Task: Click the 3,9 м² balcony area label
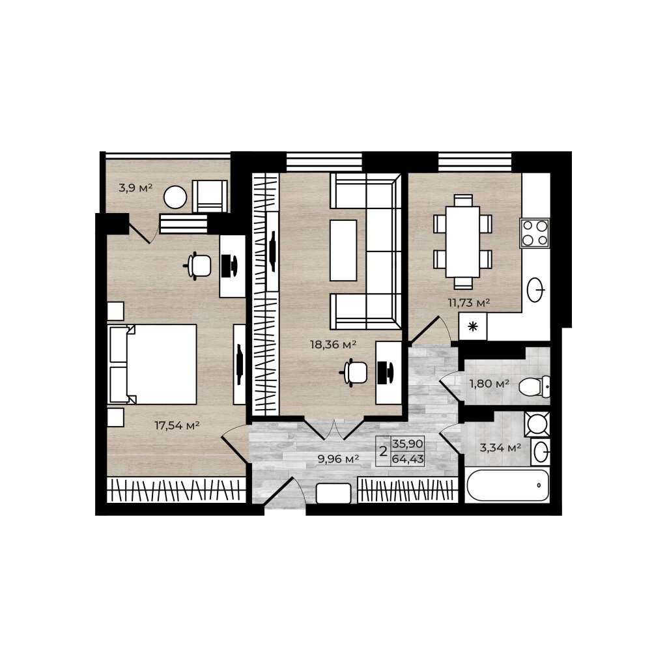pyautogui.click(x=135, y=188)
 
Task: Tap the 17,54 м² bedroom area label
pyautogui.click(x=177, y=425)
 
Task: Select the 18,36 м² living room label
pyautogui.click(x=333, y=344)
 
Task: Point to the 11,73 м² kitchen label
pyautogui.click(x=469, y=303)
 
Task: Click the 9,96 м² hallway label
pyautogui.click(x=339, y=459)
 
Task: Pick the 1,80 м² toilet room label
pyautogui.click(x=489, y=384)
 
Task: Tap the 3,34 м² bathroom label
pyautogui.click(x=500, y=447)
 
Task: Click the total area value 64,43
pyautogui.click(x=408, y=459)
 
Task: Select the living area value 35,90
pyautogui.click(x=408, y=444)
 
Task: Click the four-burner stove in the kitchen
pyautogui.click(x=535, y=233)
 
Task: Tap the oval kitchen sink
pyautogui.click(x=535, y=290)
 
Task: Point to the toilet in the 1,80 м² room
pyautogui.click(x=534, y=387)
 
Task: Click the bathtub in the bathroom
pyautogui.click(x=507, y=485)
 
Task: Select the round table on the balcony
pyautogui.click(x=175, y=197)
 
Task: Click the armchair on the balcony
pyautogui.click(x=210, y=196)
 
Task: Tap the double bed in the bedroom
pyautogui.click(x=152, y=364)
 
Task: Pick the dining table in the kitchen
pyautogui.click(x=463, y=242)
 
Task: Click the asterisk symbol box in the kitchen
pyautogui.click(x=473, y=327)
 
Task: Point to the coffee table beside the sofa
pyautogui.click(x=343, y=250)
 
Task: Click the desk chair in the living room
pyautogui.click(x=354, y=372)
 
